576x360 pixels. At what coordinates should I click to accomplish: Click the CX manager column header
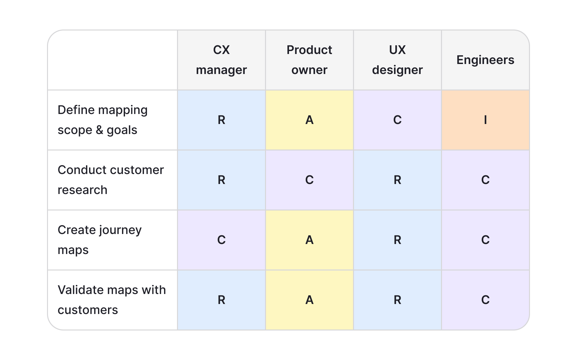click(221, 60)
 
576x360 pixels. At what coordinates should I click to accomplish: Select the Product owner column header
click(309, 60)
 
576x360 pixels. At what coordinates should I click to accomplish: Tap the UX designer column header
click(397, 60)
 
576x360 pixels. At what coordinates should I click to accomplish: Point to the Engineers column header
click(485, 60)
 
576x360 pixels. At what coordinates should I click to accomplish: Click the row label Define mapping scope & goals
click(103, 120)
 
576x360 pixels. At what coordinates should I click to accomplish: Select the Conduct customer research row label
click(111, 180)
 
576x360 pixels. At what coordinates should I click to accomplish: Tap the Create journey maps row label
click(100, 240)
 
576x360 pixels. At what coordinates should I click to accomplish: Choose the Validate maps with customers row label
click(112, 300)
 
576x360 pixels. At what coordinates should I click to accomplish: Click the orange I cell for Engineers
click(485, 120)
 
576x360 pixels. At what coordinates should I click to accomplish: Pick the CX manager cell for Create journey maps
click(221, 240)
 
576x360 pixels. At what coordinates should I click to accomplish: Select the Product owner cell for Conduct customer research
click(309, 180)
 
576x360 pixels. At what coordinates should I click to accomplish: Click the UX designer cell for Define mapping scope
click(397, 120)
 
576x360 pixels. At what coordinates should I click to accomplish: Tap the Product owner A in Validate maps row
click(309, 300)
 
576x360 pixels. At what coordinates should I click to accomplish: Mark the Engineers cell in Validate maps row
click(485, 300)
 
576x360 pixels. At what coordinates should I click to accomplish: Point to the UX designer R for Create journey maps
click(397, 240)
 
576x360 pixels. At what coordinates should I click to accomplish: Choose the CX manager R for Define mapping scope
click(221, 120)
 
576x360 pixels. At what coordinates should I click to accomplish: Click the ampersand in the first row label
click(99, 130)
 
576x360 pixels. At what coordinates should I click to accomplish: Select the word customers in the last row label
click(88, 310)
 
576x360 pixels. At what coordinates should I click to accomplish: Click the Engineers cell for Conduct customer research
click(485, 180)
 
